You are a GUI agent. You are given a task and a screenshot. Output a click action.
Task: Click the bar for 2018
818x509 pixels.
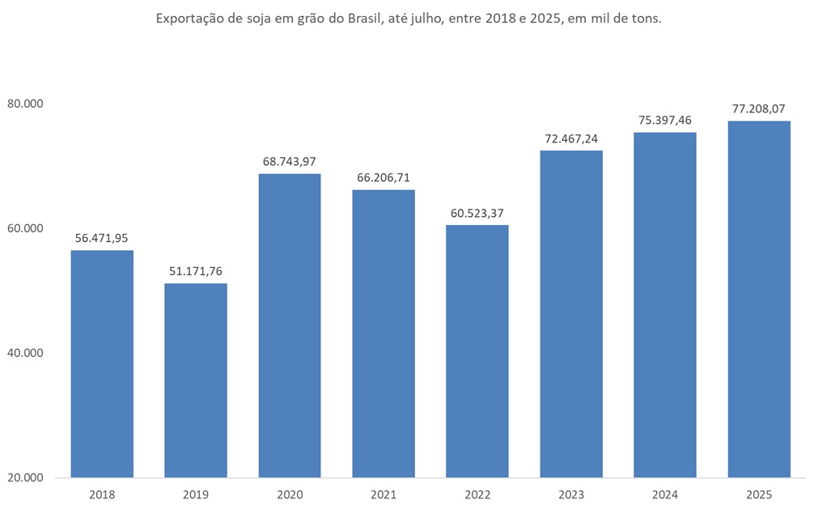102,363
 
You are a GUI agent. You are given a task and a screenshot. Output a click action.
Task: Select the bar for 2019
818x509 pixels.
196,380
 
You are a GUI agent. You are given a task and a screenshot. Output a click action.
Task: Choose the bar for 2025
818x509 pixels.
759,299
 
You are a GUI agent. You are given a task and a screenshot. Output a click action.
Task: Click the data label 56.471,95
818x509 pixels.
102,238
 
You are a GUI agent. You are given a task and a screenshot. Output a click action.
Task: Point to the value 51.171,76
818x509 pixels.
196,271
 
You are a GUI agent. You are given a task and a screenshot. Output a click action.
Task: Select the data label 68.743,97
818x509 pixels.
290,162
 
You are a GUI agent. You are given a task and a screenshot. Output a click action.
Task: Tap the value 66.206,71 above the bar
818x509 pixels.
384,177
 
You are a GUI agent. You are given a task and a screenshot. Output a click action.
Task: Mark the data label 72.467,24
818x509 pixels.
571,138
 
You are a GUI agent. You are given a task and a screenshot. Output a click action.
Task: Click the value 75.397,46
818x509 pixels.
665,120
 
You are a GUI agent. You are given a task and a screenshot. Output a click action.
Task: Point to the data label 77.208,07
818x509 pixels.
759,108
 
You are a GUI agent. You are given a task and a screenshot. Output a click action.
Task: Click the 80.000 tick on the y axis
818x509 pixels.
24,104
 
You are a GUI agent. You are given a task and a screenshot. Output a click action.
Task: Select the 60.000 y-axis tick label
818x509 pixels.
24,228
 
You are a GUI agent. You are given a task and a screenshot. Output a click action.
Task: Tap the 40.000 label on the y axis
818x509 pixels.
24,353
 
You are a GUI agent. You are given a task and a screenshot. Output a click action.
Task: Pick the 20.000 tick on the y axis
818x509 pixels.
24,477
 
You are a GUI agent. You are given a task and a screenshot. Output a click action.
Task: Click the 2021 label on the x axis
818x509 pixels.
384,494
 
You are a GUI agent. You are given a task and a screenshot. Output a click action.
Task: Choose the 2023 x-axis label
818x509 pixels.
571,494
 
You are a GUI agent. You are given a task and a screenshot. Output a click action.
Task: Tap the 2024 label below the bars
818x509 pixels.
665,494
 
